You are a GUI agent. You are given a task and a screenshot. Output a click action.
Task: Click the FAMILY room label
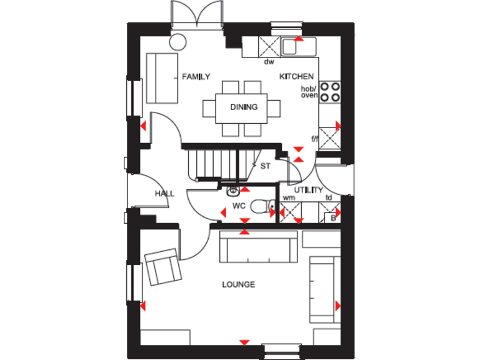196,77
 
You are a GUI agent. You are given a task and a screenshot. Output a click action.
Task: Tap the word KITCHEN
296,77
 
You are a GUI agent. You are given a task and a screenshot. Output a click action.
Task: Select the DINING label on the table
244,107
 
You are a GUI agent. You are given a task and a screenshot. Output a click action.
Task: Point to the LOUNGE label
239,285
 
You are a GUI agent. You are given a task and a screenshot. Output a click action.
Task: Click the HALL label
164,194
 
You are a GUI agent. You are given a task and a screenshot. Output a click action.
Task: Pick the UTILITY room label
309,190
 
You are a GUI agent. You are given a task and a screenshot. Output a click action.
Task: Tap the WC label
239,205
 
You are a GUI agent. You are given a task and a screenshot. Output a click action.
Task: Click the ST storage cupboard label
265,166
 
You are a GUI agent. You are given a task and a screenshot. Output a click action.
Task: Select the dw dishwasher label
269,62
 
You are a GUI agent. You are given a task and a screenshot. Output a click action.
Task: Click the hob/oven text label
309,92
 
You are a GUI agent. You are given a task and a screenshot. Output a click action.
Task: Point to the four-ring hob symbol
331,92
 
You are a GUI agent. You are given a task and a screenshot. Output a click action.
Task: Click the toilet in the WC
261,206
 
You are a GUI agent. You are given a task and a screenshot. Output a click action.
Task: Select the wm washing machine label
288,197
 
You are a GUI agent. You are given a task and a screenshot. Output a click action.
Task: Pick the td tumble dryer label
329,197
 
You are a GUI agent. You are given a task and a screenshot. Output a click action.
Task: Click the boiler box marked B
333,218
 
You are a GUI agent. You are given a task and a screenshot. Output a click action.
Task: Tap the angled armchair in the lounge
163,267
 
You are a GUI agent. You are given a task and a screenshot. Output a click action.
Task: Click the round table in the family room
178,42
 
